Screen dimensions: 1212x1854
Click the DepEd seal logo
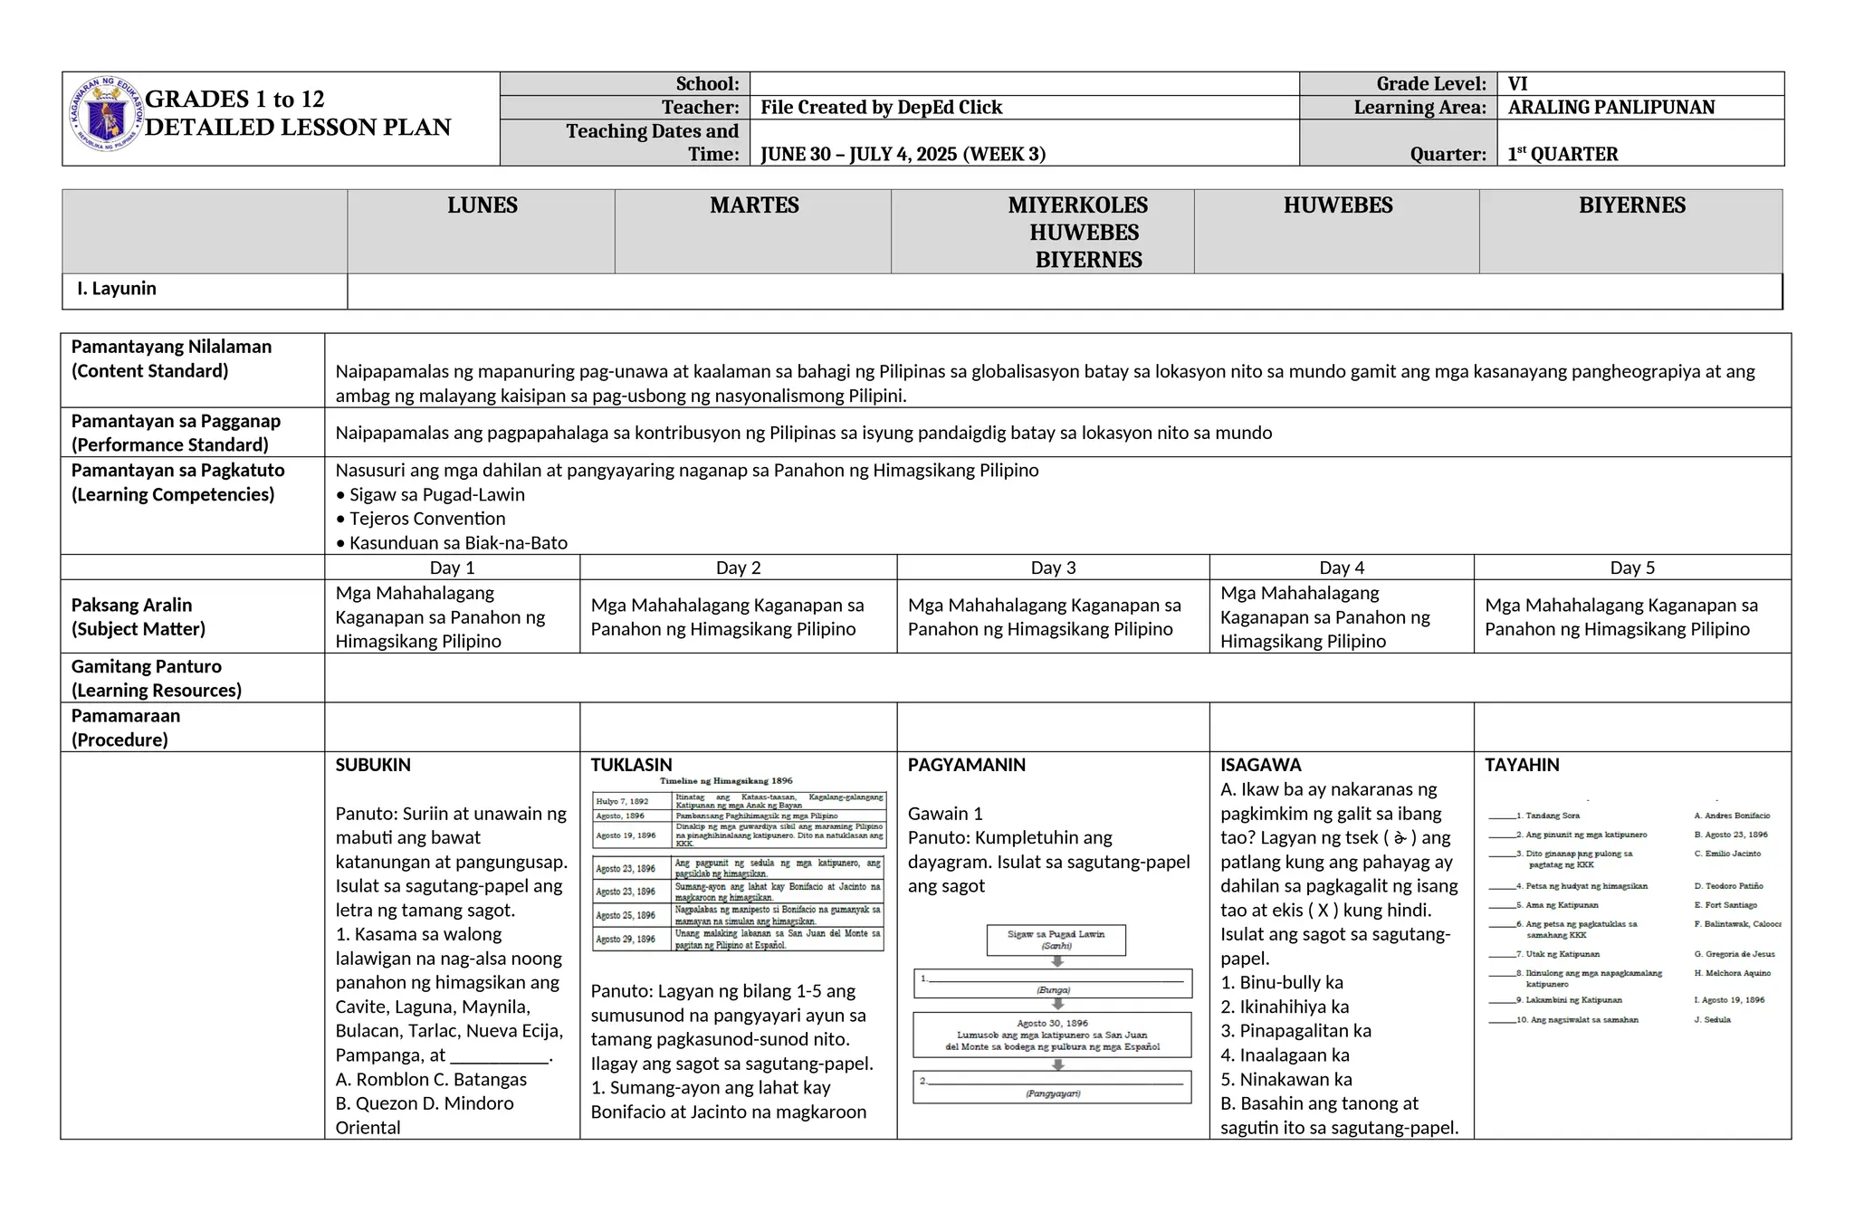coord(107,114)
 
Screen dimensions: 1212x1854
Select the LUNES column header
coord(482,205)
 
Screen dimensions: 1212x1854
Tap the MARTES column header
coord(754,205)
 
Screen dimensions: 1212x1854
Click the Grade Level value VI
coord(1518,84)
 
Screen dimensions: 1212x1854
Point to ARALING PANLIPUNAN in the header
coord(1611,108)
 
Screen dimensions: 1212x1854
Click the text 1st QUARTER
coord(1563,154)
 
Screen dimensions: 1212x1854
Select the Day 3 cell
coord(1053,568)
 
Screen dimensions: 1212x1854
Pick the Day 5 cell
coord(1632,568)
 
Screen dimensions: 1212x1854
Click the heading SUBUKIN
coord(373,765)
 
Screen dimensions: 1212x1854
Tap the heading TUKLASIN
coord(631,765)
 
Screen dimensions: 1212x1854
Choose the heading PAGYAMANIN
coord(967,765)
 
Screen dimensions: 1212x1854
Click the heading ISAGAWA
coord(1260,765)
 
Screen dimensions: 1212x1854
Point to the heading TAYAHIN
coord(1522,765)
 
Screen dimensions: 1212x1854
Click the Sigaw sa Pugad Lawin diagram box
coord(1056,940)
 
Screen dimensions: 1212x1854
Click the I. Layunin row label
coord(117,289)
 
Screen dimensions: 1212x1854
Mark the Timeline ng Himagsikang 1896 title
coord(726,780)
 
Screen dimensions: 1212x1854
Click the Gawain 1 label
coord(945,814)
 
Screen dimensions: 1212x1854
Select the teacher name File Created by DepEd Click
coord(881,108)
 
